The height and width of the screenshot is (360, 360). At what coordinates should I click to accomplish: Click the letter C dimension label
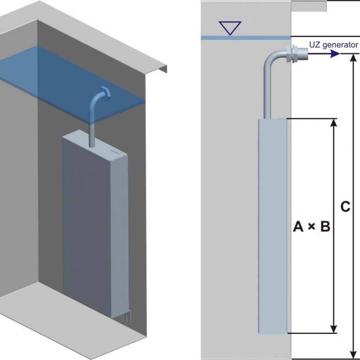tap(346, 207)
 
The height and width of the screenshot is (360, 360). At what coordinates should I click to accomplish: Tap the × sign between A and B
tap(312, 226)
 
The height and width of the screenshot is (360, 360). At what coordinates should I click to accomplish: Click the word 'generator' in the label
tap(340, 45)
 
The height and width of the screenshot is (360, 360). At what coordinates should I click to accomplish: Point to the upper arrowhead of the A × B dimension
tap(334, 124)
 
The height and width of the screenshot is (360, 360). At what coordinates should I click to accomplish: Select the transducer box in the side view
tap(273, 224)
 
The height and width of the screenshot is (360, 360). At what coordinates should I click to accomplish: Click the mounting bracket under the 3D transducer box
tap(128, 316)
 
